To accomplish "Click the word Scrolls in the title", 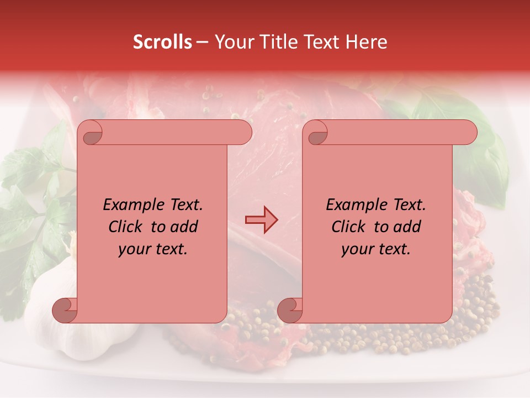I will tap(162, 42).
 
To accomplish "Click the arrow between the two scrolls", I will tap(261, 219).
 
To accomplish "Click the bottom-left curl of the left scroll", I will tap(65, 309).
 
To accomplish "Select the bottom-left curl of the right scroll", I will tap(290, 309).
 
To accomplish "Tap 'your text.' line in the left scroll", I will tap(153, 249).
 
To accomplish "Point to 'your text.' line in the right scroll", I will tap(376, 249).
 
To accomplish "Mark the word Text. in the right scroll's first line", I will tap(409, 205).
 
